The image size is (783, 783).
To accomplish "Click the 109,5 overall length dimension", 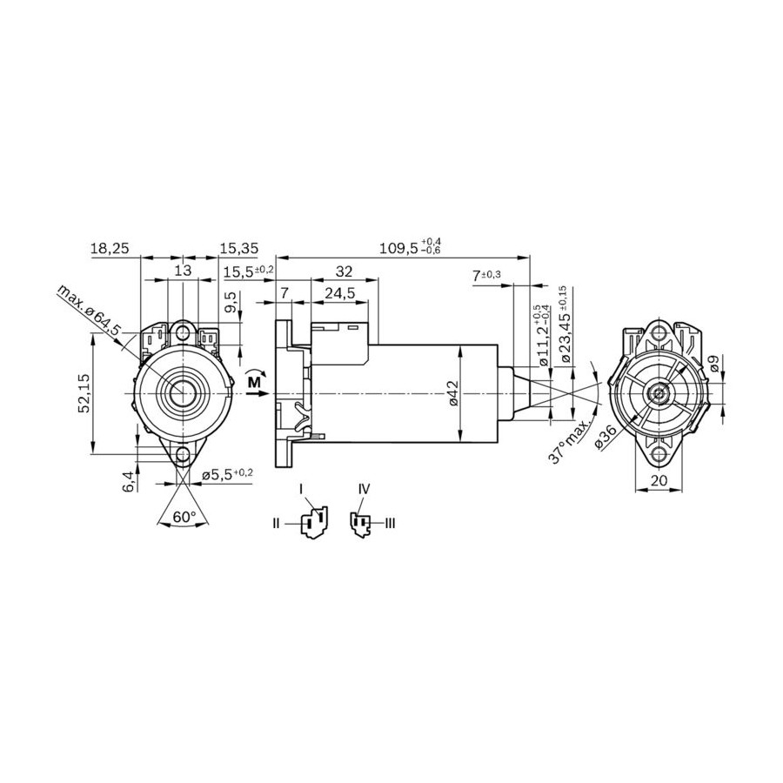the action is [x=411, y=247].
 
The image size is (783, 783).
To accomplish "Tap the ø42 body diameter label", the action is [x=452, y=393].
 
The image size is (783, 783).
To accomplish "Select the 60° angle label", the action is [x=184, y=518].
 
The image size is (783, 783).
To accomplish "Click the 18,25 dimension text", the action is [x=110, y=248].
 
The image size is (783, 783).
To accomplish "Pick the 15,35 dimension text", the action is [x=239, y=248].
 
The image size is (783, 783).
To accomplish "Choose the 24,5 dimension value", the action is [x=339, y=293].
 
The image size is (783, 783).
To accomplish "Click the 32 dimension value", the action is [x=344, y=271].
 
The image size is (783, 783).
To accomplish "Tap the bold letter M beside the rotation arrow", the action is [x=254, y=382].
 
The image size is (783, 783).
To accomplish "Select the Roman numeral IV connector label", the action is [x=364, y=489].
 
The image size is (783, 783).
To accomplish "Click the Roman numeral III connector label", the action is [x=390, y=524].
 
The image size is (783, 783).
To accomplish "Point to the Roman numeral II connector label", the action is [x=276, y=524].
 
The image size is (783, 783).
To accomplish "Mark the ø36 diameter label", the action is [x=607, y=438].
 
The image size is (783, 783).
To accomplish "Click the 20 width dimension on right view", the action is [x=659, y=480].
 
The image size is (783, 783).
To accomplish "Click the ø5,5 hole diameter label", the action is [x=227, y=474].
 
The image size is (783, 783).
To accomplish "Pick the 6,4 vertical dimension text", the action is [x=129, y=481].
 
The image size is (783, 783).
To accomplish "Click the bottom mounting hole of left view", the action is [x=184, y=454].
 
